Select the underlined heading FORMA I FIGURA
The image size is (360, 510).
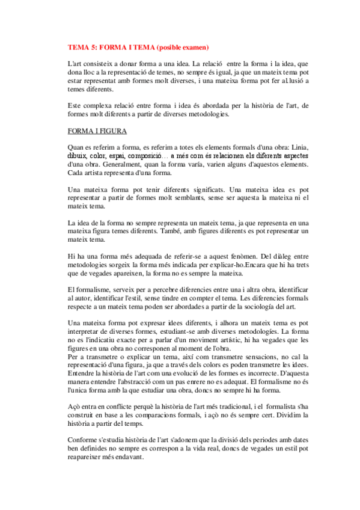pos(96,131)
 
